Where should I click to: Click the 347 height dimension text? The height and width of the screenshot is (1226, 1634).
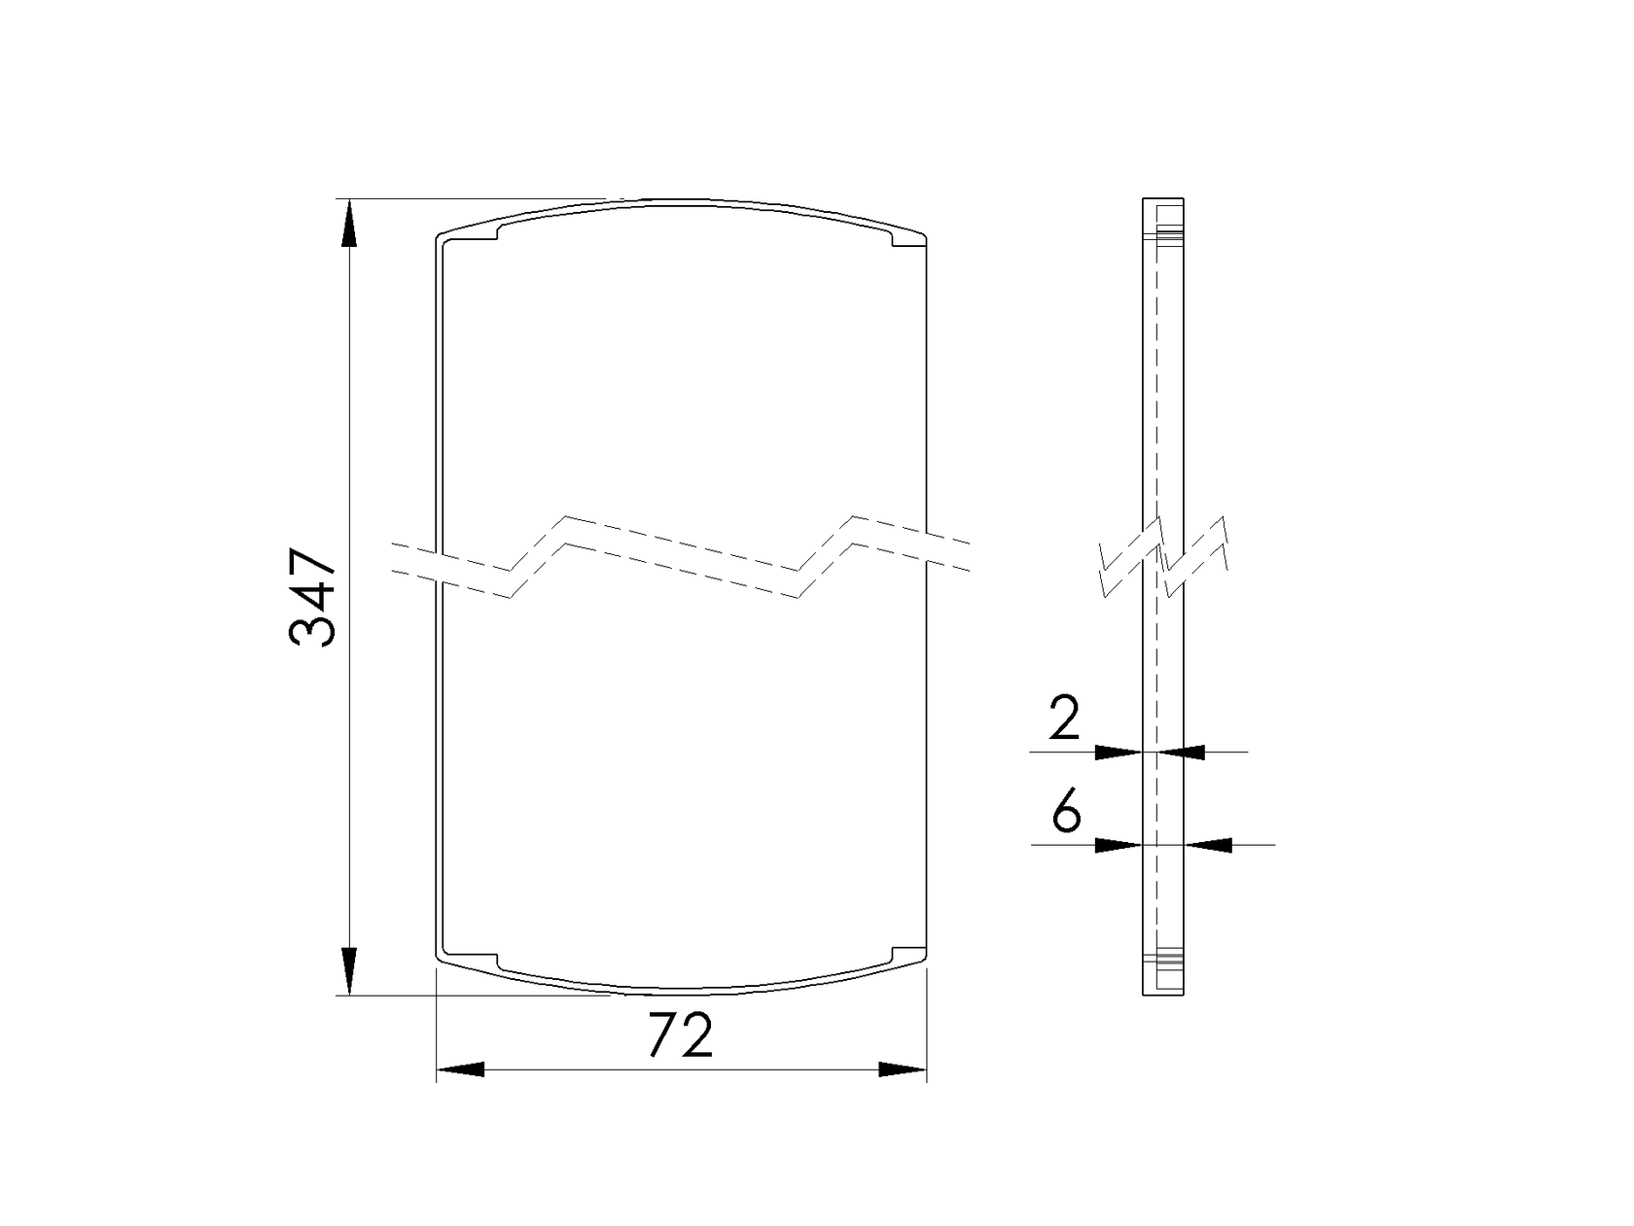point(313,598)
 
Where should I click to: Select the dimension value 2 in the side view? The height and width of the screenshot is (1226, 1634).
point(1066,720)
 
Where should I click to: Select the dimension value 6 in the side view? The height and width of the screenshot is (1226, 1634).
point(1066,812)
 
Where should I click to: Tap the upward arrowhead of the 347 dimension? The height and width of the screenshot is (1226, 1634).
point(348,223)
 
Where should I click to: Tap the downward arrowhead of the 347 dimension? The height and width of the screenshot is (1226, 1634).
point(348,972)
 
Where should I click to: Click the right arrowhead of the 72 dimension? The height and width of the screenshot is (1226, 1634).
point(903,1069)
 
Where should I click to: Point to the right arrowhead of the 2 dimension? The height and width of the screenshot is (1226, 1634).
point(1181,752)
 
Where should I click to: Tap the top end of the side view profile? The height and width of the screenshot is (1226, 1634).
point(1162,202)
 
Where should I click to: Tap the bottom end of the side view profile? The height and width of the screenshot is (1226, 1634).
point(1162,992)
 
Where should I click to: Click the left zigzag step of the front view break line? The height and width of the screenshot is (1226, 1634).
point(538,556)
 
